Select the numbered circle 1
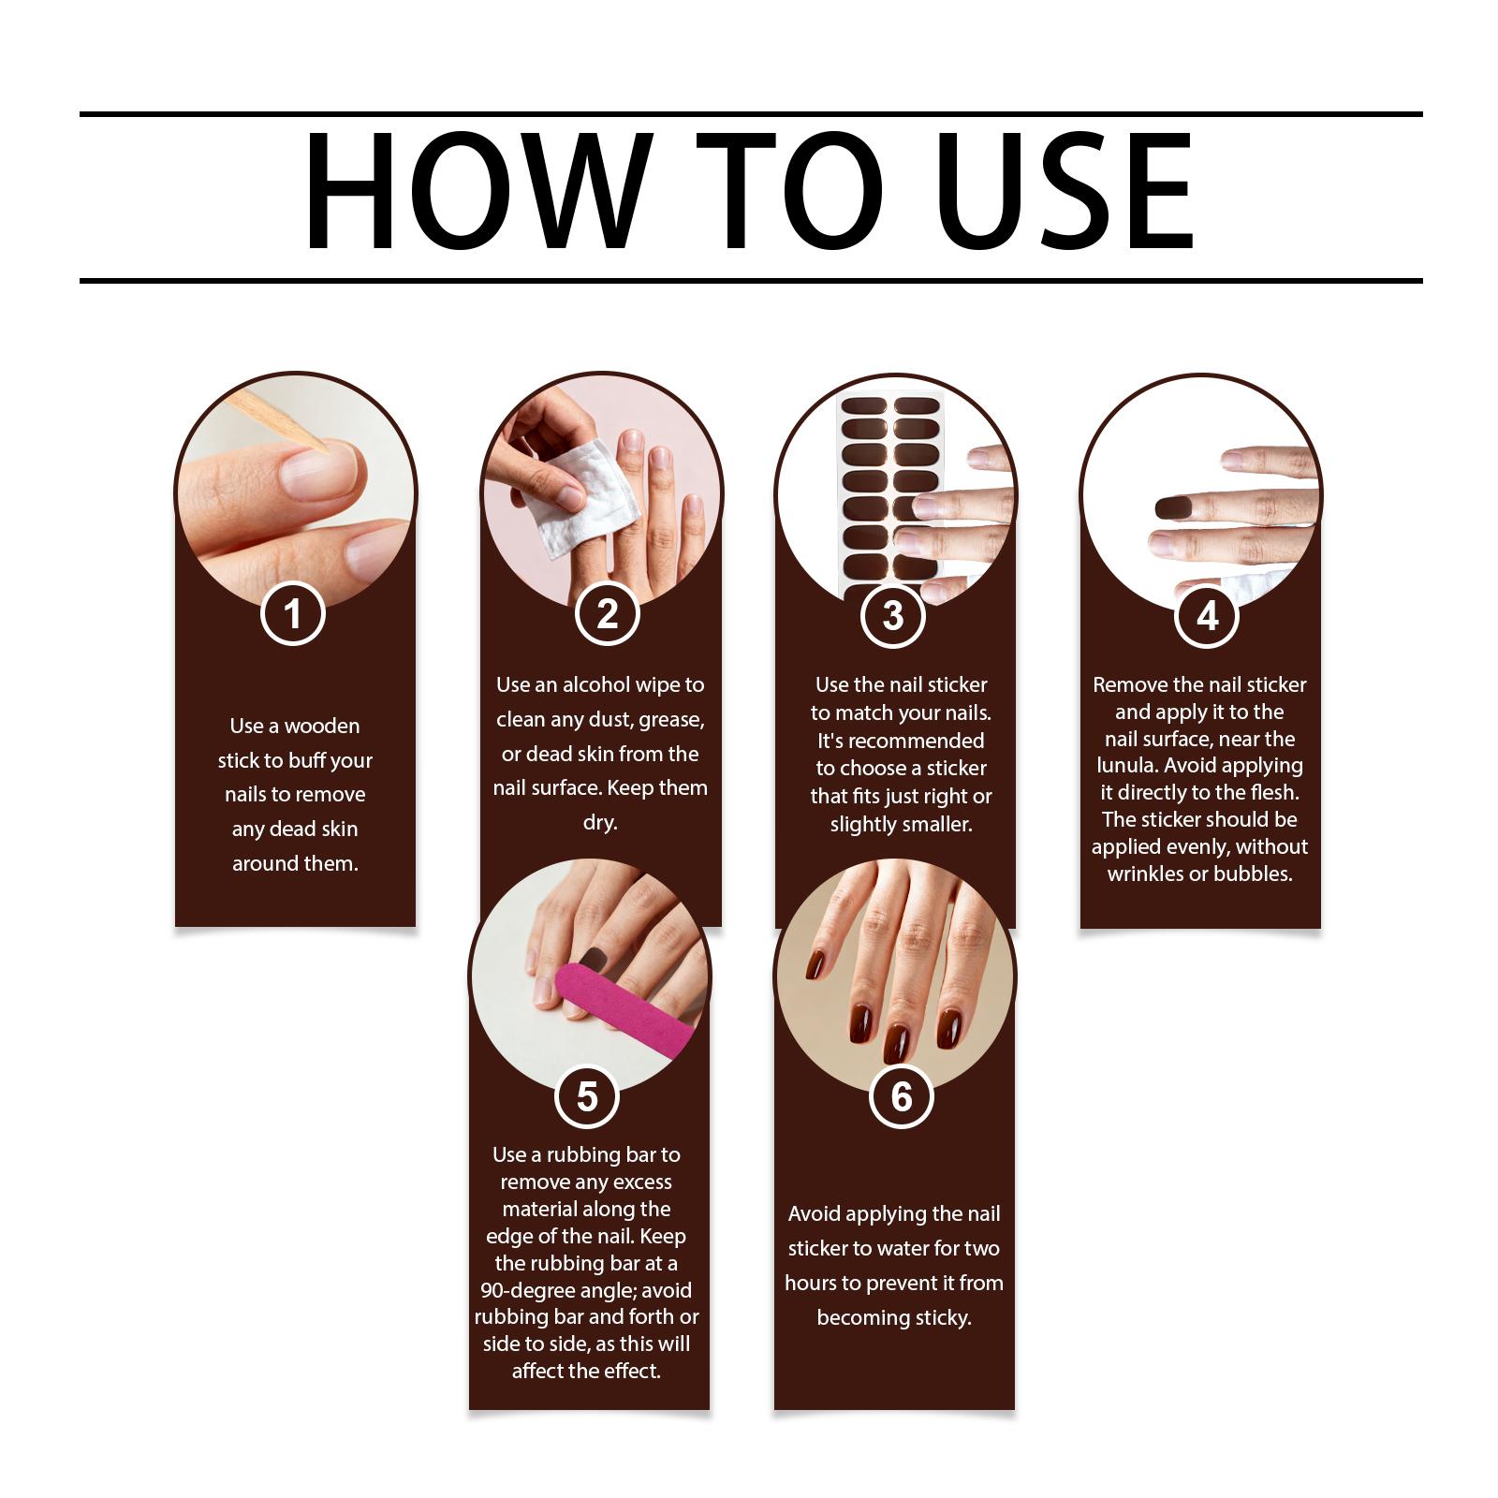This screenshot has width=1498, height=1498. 293,614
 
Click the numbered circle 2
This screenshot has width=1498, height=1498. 608,614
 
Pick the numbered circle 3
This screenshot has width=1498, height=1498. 893,616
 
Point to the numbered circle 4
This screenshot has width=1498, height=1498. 1208,616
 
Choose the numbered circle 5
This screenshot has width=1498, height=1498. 587,1096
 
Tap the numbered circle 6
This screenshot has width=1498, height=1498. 902,1096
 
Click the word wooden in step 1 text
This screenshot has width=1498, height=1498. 322,727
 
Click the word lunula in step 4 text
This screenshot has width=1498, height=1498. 1126,766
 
